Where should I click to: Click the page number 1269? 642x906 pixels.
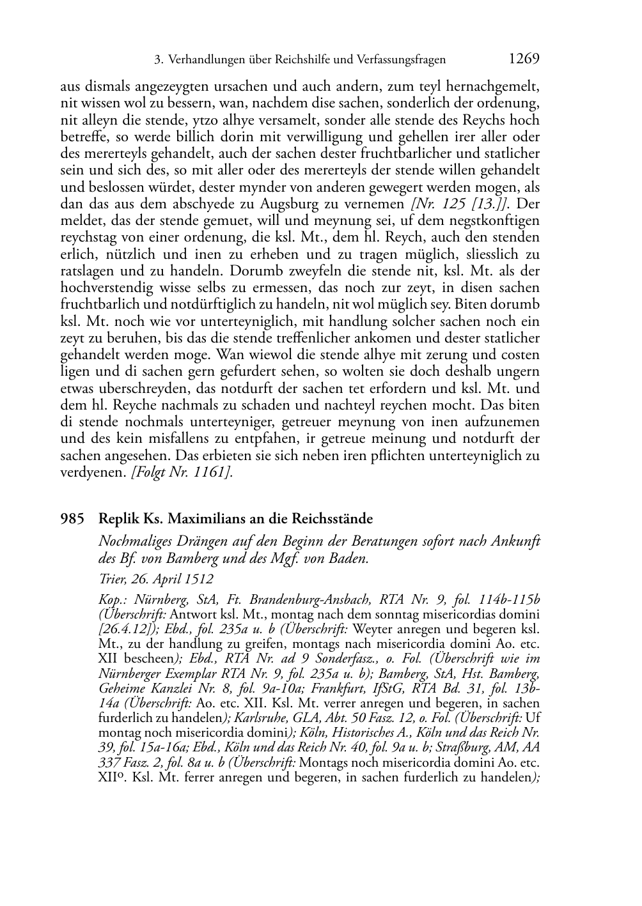pyautogui.click(x=524, y=59)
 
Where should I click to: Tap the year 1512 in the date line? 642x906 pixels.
pyautogui.click(x=200, y=579)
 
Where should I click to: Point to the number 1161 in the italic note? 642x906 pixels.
pyautogui.click(x=210, y=472)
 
